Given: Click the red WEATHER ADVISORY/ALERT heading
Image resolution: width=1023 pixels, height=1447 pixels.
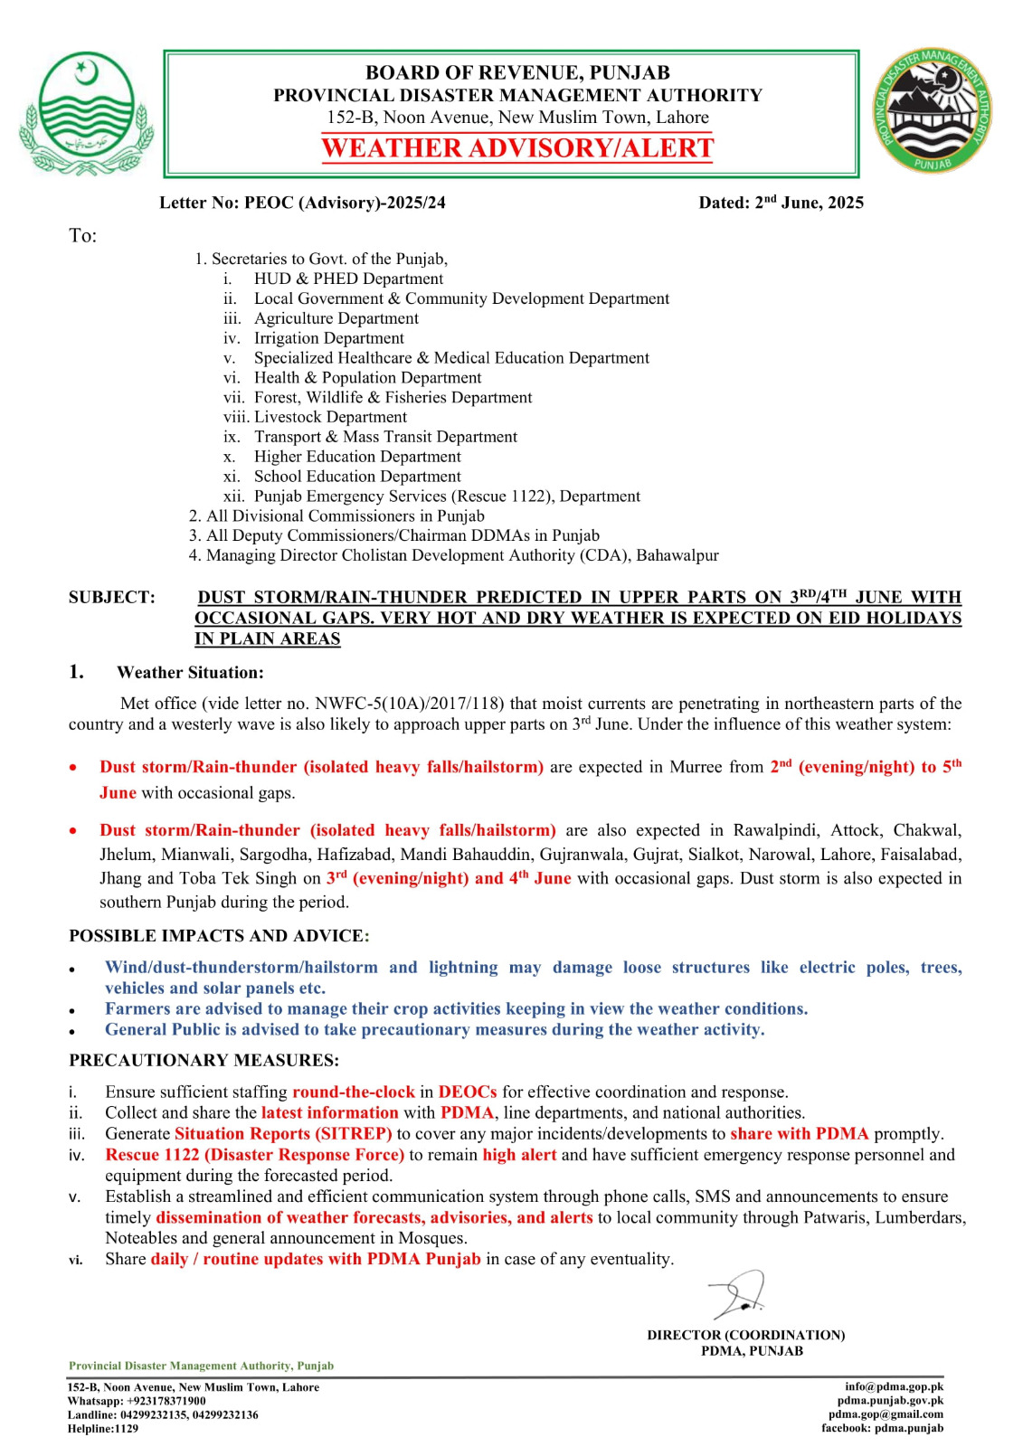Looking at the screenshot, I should (x=517, y=148).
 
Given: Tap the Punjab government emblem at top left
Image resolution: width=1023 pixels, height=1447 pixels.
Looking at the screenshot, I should (x=86, y=113).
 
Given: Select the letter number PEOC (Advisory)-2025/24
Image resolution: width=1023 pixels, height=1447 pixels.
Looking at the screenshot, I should (x=345, y=203).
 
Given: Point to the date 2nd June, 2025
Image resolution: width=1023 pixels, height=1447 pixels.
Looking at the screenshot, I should (x=809, y=203).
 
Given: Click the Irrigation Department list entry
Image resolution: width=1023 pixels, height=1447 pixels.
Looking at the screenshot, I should (x=328, y=338).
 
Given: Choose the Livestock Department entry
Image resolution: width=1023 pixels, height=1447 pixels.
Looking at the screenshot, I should (x=330, y=417).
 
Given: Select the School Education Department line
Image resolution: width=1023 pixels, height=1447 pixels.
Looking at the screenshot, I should (x=357, y=477).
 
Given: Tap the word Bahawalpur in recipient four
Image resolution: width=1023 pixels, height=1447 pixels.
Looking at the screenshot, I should (x=677, y=555).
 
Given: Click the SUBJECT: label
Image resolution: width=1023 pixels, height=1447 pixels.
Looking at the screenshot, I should (x=111, y=597).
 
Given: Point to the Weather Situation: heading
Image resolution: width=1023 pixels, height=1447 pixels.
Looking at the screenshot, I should (x=190, y=673).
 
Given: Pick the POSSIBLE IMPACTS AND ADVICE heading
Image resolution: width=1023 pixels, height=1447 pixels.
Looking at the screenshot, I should (x=219, y=936).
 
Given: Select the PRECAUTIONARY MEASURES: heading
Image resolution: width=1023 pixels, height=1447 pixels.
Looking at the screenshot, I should (x=204, y=1060).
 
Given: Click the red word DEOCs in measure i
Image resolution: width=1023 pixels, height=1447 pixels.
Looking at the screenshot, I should (x=468, y=1092).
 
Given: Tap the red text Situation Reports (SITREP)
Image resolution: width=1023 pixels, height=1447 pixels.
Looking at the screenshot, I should (x=283, y=1134).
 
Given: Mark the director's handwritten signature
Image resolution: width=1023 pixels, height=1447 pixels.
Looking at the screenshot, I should (x=739, y=1295).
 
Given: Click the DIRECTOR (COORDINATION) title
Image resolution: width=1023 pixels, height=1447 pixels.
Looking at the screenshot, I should (x=745, y=1335).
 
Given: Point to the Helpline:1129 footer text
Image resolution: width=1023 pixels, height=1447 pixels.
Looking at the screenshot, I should (x=103, y=1429).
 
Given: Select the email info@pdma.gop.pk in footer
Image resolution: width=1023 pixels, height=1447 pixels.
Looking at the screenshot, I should (x=894, y=1386).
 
